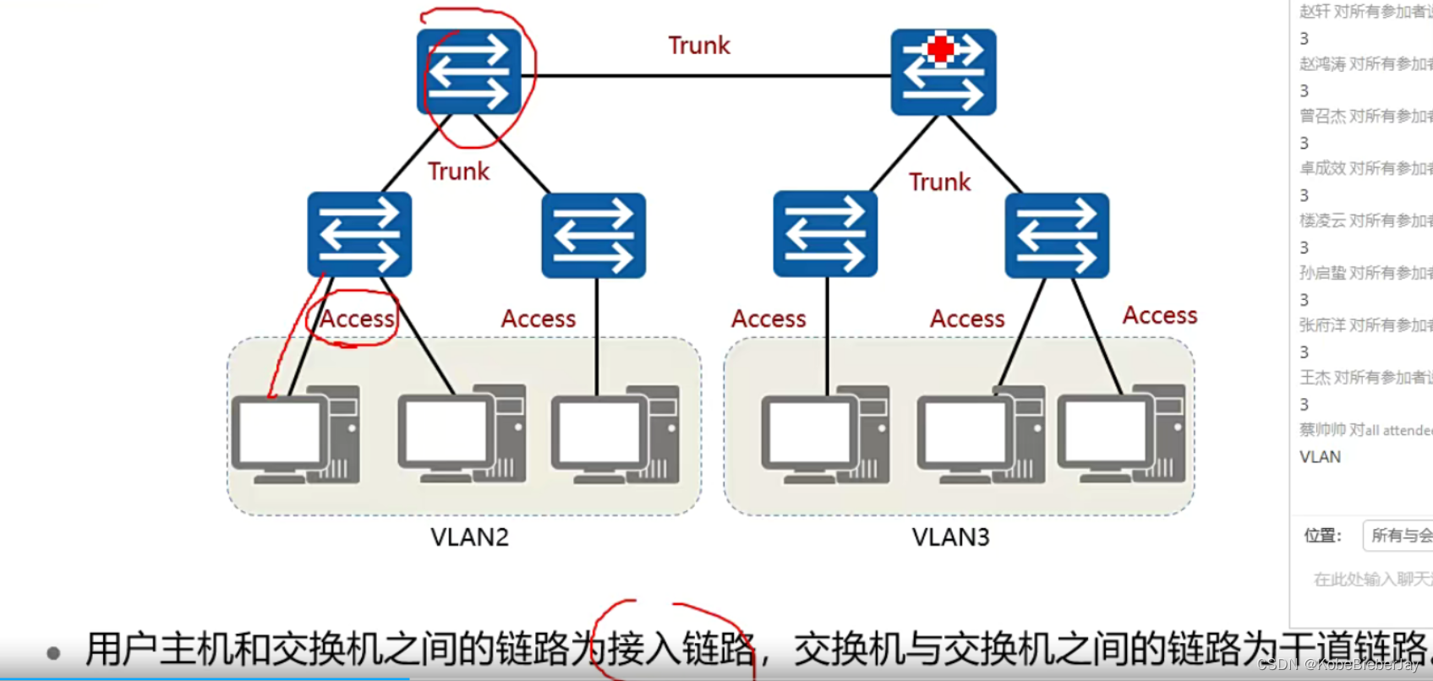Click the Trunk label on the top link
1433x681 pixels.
(x=698, y=46)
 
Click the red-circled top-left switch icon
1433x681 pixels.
(x=468, y=72)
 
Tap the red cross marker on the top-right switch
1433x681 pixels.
(x=940, y=49)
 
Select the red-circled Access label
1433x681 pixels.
(x=357, y=319)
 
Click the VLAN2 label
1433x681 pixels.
(x=469, y=537)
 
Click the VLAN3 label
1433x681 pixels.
(x=950, y=537)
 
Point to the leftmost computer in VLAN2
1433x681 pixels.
(x=295, y=435)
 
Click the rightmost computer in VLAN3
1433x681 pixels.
(x=1121, y=435)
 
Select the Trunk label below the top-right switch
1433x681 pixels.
(x=939, y=182)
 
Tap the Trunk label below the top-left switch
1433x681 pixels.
(x=458, y=172)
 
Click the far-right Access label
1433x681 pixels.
(x=1159, y=315)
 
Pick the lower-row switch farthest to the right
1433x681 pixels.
(x=1057, y=235)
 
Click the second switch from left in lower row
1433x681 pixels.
(x=593, y=235)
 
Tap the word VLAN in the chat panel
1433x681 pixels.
(x=1320, y=457)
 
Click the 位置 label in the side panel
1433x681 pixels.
(x=1322, y=536)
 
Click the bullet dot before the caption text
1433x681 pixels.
(x=53, y=653)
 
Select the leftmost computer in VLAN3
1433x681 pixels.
(x=824, y=435)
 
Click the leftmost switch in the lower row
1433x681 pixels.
(x=359, y=234)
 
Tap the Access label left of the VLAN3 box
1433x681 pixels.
(x=768, y=319)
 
